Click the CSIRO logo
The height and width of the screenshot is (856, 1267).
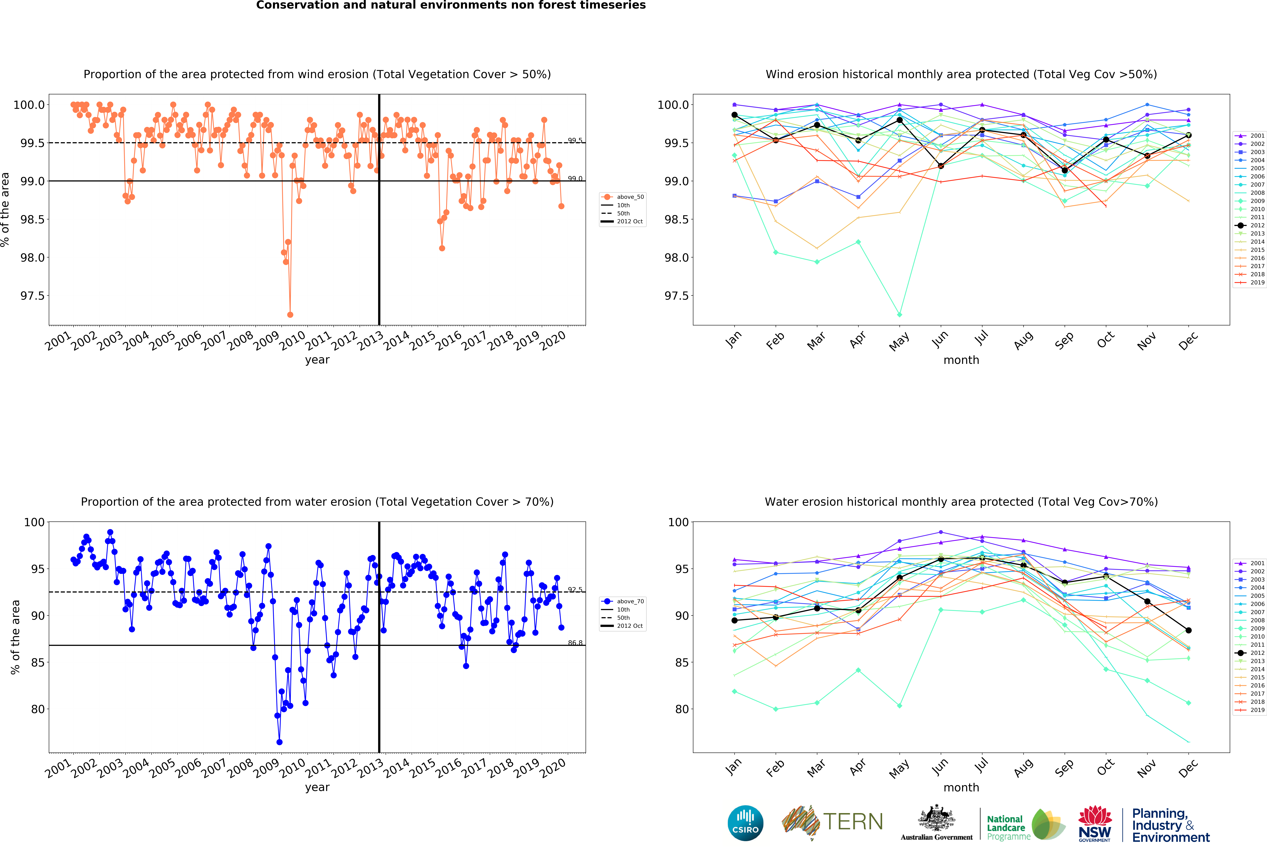745,823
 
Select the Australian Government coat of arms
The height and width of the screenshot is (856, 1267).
936,818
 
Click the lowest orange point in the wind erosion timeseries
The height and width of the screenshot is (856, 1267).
290,315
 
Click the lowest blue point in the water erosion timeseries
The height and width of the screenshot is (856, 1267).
279,742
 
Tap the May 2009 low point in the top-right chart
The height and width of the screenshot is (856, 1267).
899,315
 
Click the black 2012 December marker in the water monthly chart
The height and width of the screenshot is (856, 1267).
1188,630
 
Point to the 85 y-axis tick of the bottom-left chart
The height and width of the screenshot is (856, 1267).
38,662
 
